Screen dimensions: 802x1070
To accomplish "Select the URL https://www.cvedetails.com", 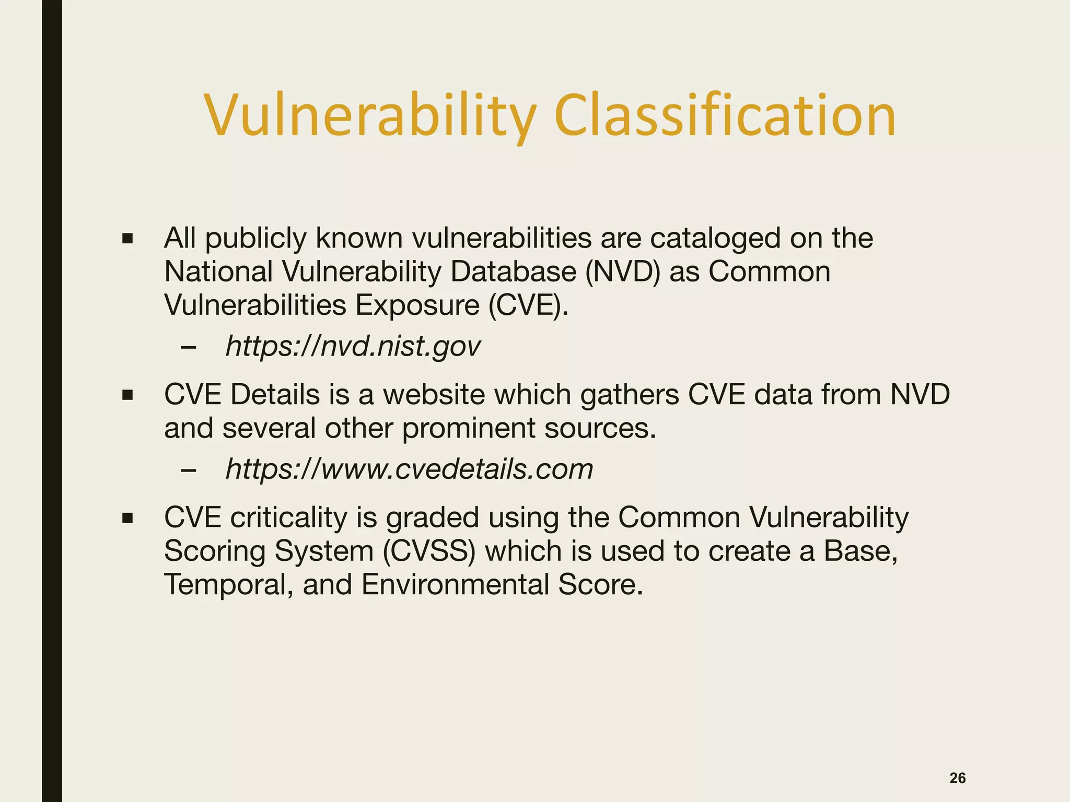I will [409, 468].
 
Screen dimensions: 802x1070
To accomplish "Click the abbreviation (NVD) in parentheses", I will [623, 272].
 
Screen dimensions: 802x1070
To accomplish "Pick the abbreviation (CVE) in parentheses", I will [528, 305].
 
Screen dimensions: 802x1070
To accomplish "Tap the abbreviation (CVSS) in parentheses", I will [429, 551].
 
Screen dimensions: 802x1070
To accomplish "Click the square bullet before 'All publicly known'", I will [127, 239].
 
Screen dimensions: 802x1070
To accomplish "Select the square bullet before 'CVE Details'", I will [127, 395].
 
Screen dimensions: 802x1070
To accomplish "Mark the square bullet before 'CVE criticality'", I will [127, 518].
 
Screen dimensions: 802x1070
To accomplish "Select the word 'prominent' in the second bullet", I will [469, 428].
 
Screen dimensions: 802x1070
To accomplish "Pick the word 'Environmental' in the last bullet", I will [455, 584].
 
